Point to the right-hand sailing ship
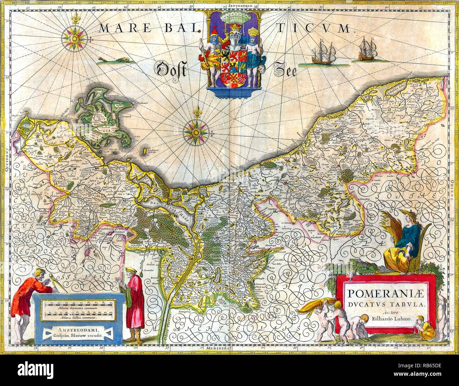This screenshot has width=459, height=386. point(367,49)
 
